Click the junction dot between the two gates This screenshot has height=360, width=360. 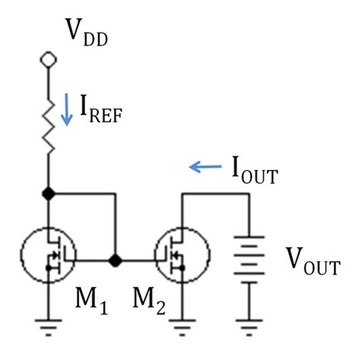115,261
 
